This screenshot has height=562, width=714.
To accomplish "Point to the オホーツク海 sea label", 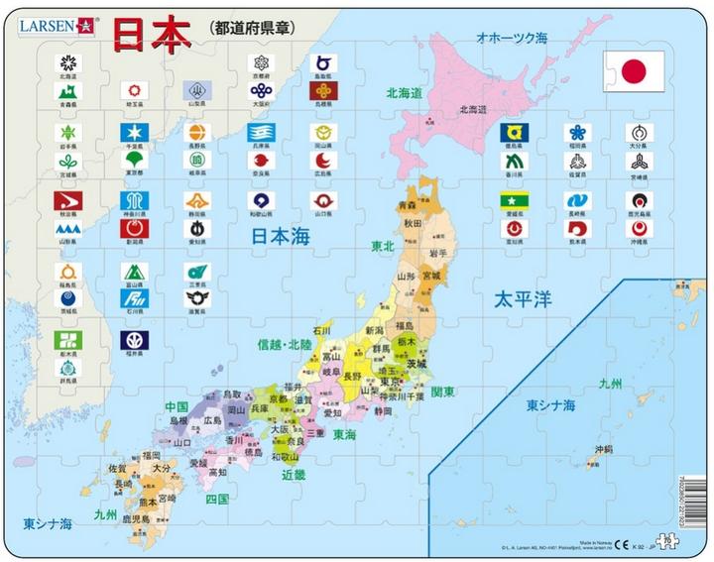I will coord(511,37).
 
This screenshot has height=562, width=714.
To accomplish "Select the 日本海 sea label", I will coord(281,236).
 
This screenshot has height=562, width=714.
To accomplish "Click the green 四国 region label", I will coord(217,499).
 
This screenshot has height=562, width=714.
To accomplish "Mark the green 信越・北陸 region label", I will coord(285,345).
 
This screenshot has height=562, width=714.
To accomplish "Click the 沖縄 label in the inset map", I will coord(604,449).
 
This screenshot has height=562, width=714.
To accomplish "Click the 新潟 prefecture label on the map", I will coord(374,330).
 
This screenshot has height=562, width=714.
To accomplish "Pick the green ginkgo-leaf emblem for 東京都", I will coord(132,160).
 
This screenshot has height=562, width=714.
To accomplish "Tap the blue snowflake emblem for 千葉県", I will coord(132,132).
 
